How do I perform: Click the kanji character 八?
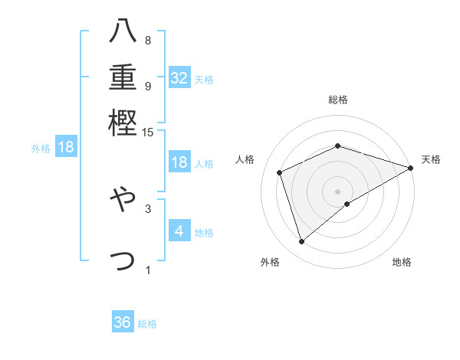(123, 31)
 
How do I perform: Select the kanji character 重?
(123, 77)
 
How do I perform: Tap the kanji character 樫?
(123, 123)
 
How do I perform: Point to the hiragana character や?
(123, 201)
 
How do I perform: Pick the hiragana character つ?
(123, 260)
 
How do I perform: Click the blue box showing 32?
(179, 78)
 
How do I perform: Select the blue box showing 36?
(123, 322)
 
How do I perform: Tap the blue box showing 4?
(179, 231)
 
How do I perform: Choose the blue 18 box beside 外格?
(66, 147)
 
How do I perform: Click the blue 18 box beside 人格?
(179, 162)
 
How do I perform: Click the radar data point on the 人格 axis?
(280, 172)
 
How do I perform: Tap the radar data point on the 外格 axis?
(301, 242)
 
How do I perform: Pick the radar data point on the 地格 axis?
(347, 204)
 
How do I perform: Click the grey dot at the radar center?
(337, 191)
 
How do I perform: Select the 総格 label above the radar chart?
(337, 100)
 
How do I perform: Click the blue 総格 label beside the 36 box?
(147, 324)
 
